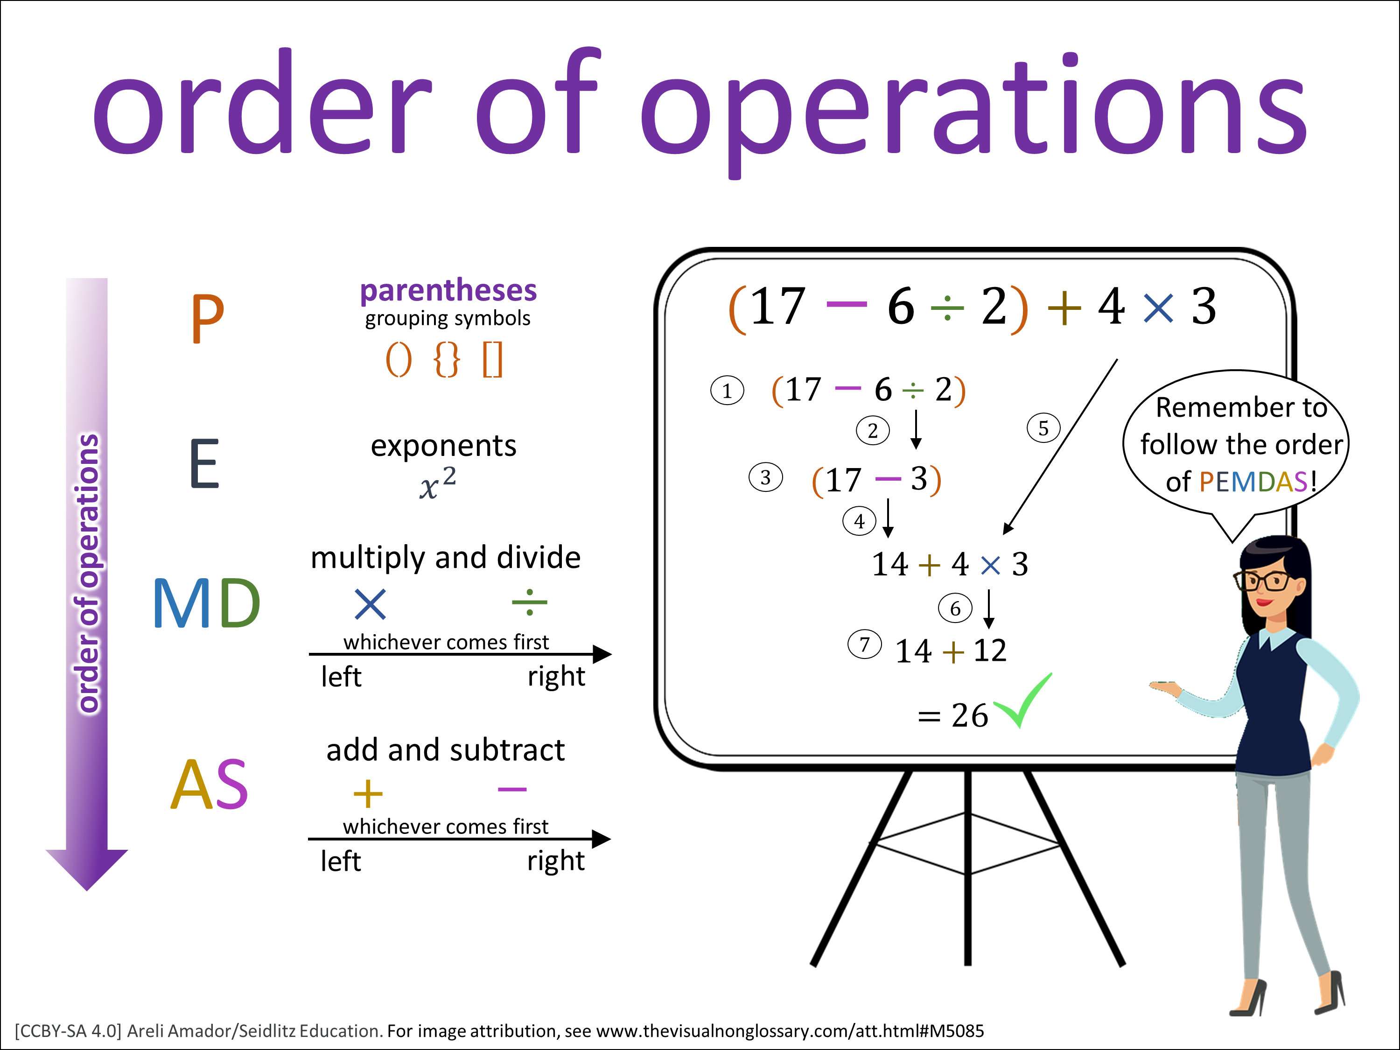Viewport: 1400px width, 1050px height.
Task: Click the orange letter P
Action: pos(208,318)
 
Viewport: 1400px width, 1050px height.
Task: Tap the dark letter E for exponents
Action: pos(204,464)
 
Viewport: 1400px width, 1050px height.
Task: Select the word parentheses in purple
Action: pos(448,291)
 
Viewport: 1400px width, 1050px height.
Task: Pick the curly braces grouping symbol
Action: pos(447,359)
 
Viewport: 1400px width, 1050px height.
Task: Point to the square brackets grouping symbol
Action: pos(492,359)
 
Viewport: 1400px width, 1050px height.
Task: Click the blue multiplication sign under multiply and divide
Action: pos(370,604)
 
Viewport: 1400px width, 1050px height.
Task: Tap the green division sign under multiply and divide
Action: pos(530,602)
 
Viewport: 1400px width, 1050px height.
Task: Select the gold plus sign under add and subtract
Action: pos(368,794)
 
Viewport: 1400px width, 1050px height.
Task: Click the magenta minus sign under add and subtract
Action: pos(512,789)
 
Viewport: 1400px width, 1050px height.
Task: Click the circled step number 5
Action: pos(1043,428)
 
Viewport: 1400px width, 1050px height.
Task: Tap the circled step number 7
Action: pos(865,644)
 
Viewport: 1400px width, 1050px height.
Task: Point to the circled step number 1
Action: pos(727,391)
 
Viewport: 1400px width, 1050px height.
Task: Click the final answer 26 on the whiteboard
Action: pos(970,716)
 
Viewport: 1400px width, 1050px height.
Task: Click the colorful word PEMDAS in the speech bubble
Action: pos(1253,482)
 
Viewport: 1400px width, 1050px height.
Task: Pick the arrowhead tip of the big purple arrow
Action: pos(87,890)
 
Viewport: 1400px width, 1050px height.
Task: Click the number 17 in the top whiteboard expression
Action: pos(777,306)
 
